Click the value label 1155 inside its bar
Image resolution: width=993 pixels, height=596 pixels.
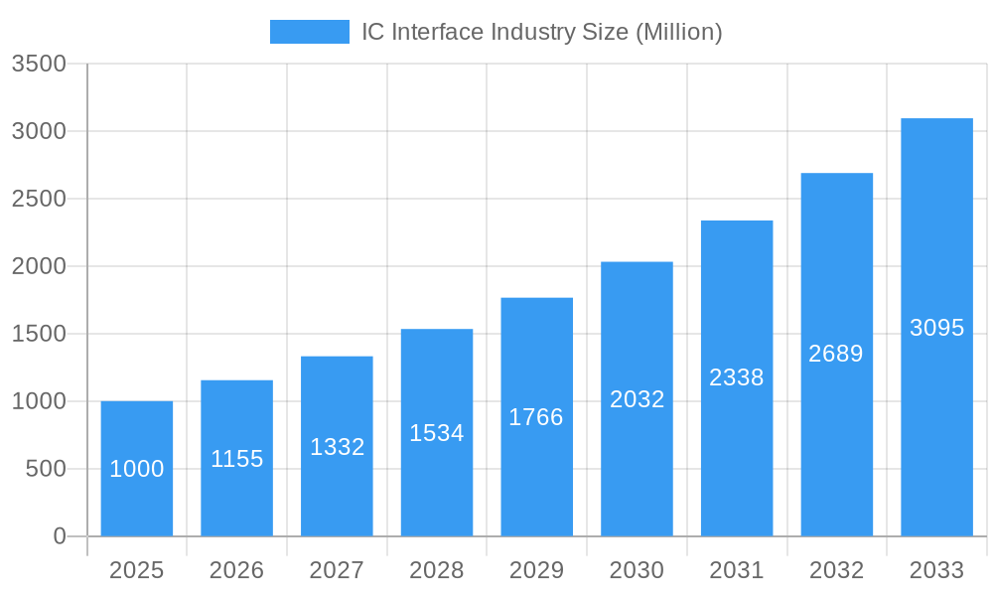point(237,459)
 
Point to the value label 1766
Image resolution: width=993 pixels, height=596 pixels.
point(536,417)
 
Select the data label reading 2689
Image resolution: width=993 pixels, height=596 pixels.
point(836,354)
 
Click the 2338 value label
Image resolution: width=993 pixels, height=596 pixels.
point(737,377)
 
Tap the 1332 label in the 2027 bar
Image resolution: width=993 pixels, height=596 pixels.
point(338,447)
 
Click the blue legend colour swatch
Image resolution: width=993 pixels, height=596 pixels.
point(310,32)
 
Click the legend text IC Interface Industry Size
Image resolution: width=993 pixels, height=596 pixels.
point(541,32)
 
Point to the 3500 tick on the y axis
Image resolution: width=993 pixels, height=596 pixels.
point(39,64)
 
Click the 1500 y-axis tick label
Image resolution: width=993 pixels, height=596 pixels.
point(39,334)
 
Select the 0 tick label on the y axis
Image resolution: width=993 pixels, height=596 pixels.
point(59,536)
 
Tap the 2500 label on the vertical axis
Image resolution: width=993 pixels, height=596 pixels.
point(39,199)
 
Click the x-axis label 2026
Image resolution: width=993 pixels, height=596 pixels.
point(237,570)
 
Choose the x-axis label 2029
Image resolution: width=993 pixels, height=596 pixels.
point(536,570)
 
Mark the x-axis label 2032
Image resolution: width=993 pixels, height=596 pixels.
point(836,570)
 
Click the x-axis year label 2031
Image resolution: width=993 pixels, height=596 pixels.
point(737,570)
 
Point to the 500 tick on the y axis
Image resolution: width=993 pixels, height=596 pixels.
point(46,469)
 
